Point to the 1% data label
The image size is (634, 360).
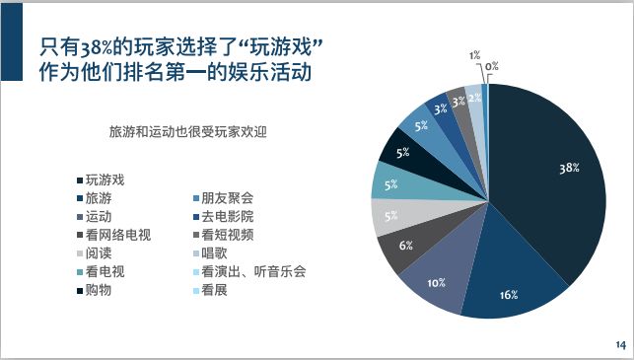pyautogui.click(x=475, y=55)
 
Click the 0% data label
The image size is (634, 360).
pyautogui.click(x=491, y=66)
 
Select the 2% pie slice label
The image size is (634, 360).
pyautogui.click(x=474, y=98)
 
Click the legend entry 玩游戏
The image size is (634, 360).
pyautogui.click(x=106, y=180)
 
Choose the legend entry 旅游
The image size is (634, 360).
pyautogui.click(x=99, y=198)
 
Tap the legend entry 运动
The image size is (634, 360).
pyautogui.click(x=99, y=216)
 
